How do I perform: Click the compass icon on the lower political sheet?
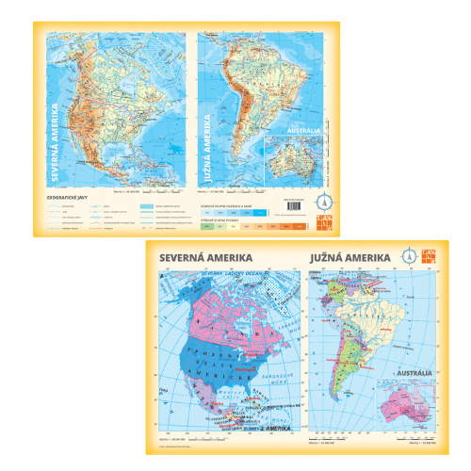(x=410, y=255)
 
